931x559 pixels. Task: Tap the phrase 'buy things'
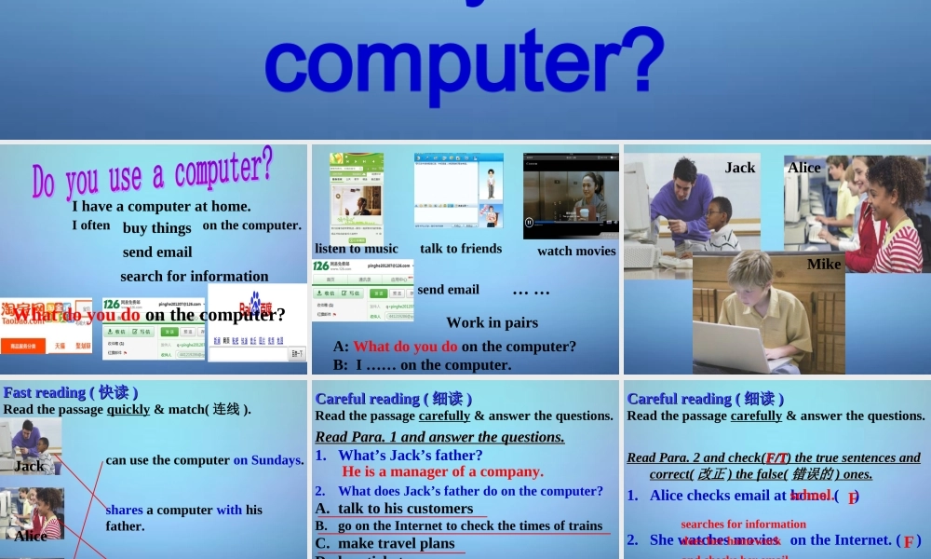(x=156, y=227)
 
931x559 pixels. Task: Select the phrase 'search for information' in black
(x=194, y=276)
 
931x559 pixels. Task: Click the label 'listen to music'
(x=356, y=249)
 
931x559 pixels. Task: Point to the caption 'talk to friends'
(x=461, y=249)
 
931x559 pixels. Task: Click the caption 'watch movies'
(x=576, y=251)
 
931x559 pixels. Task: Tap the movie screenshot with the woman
(x=571, y=196)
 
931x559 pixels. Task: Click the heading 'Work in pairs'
(x=492, y=322)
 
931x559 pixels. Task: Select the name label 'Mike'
(x=824, y=264)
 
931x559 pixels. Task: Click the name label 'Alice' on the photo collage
(x=804, y=168)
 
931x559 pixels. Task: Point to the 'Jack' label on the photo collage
(x=740, y=167)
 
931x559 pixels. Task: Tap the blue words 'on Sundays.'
(x=268, y=459)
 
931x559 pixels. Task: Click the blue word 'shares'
(x=124, y=510)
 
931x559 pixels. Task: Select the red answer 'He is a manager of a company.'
(x=442, y=471)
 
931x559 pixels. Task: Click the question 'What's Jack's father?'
(x=410, y=455)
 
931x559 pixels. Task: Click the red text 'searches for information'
(x=743, y=524)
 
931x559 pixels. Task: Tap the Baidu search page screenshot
(x=257, y=322)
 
